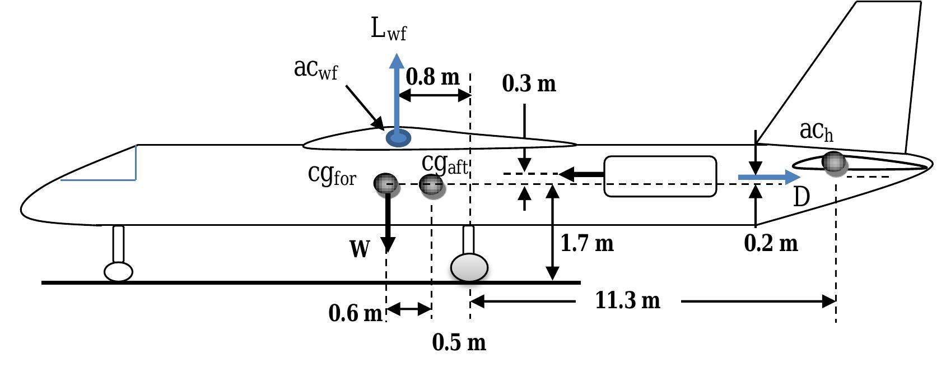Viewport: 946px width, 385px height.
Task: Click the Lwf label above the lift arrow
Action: tap(388, 29)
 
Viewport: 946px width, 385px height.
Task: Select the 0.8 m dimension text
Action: tap(432, 77)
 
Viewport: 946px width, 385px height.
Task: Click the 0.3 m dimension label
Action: tap(529, 84)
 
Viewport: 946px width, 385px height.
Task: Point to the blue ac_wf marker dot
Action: tap(398, 137)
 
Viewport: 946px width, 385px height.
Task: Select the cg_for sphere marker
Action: tap(386, 183)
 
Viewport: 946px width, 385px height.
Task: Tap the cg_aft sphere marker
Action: tap(431, 184)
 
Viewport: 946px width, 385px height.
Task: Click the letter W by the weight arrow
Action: tap(360, 248)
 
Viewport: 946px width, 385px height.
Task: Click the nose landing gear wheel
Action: tap(118, 271)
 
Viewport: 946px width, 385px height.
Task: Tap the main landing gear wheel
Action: tap(469, 267)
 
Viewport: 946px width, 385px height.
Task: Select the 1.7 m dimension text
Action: tap(587, 243)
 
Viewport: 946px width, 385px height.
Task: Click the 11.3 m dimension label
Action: tap(627, 301)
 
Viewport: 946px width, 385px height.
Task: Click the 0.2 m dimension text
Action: tap(771, 243)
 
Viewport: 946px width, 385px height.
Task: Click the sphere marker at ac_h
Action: tap(834, 162)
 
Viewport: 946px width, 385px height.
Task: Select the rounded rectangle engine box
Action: tap(660, 177)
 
